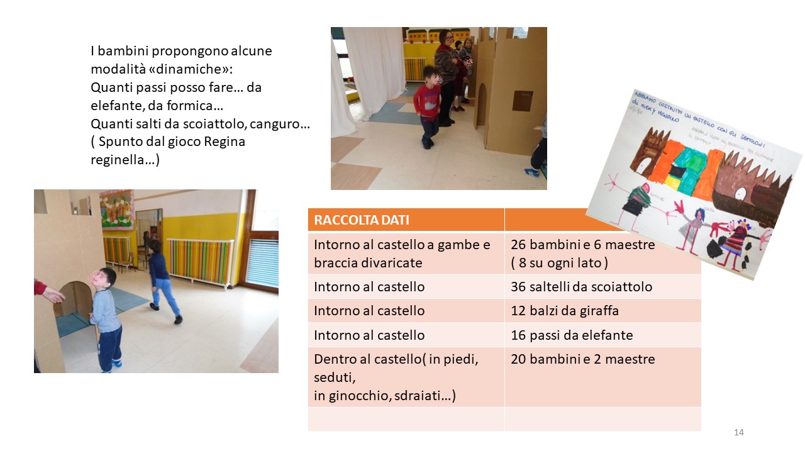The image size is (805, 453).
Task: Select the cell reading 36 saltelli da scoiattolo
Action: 581,287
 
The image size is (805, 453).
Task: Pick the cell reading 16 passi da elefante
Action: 572,335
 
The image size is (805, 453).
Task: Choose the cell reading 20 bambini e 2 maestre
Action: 583,359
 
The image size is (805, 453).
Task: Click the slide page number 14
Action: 738,432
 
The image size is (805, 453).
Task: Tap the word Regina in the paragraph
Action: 225,142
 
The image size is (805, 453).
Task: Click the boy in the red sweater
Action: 428,107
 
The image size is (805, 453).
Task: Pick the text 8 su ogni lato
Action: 559,263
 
